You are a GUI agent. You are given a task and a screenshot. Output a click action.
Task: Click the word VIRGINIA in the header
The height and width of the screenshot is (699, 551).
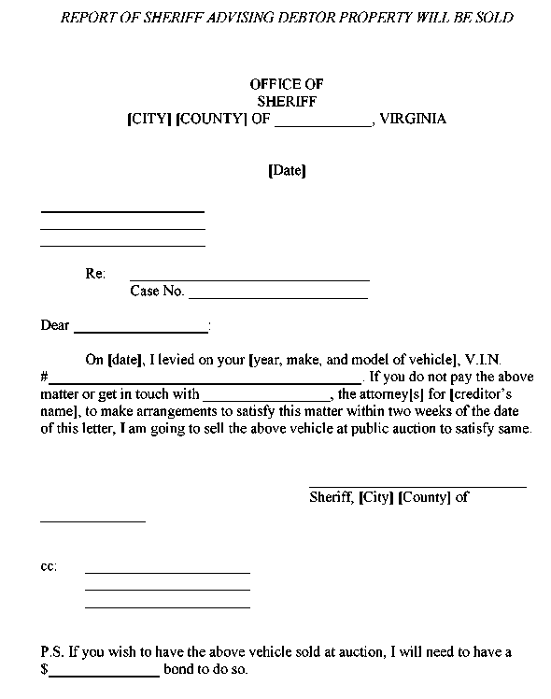(x=414, y=119)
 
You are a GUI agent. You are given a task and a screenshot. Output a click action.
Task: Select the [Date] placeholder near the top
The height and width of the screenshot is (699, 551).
(x=287, y=171)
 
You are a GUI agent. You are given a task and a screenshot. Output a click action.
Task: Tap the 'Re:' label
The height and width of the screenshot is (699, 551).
(x=95, y=274)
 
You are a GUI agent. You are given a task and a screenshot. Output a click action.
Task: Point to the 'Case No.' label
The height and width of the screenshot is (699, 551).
(x=157, y=291)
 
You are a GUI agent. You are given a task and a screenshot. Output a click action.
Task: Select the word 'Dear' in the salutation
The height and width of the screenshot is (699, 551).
(x=55, y=326)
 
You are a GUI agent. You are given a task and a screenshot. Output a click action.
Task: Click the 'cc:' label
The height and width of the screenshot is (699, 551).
(x=49, y=566)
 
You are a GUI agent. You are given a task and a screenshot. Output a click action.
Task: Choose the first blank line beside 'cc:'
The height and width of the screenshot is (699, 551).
(x=167, y=572)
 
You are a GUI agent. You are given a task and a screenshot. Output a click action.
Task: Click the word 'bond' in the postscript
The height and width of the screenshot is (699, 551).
(x=178, y=670)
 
